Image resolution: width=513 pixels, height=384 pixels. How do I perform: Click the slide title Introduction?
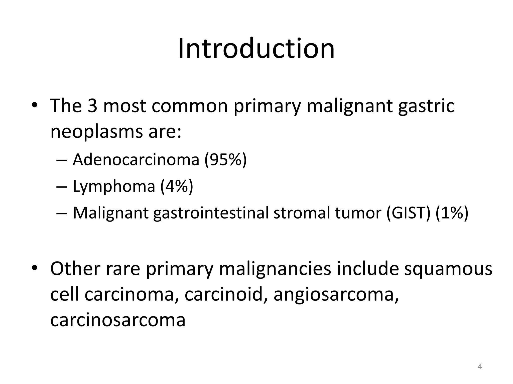256,49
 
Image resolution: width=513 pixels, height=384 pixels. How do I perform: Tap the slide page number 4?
480,366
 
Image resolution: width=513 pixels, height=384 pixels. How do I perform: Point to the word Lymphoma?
114,186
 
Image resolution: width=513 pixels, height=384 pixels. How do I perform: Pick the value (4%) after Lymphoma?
177,186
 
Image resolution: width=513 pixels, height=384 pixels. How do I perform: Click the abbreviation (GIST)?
408,213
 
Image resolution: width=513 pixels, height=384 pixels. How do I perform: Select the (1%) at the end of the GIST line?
452,213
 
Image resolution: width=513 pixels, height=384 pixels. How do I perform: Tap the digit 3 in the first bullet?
92,106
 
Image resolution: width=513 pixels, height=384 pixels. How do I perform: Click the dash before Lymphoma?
62,187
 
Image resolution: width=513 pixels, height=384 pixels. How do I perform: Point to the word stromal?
302,213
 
